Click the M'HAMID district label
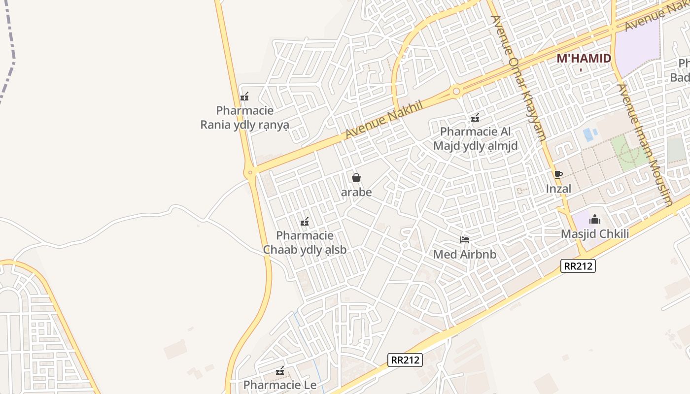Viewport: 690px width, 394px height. (x=584, y=59)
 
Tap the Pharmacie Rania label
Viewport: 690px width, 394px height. (x=244, y=118)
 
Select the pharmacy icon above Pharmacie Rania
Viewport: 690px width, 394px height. (x=244, y=97)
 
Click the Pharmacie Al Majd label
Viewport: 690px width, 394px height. (x=475, y=139)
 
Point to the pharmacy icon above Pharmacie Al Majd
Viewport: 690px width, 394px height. (x=475, y=118)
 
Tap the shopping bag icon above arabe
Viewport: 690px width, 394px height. (x=356, y=178)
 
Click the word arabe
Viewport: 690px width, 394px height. (x=356, y=192)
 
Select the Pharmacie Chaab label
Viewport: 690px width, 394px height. (x=305, y=243)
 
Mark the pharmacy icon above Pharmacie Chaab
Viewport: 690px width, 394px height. (x=305, y=222)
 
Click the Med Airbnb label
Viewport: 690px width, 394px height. (x=465, y=254)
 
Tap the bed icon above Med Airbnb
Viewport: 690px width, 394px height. (x=465, y=240)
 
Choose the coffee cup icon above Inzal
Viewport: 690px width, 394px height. (x=558, y=174)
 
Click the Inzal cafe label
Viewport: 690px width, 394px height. (x=558, y=189)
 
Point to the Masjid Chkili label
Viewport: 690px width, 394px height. (x=595, y=233)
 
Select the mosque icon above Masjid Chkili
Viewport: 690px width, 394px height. (x=595, y=219)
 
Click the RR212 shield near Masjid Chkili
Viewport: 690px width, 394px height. (x=579, y=266)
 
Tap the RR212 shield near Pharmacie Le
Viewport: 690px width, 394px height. (x=405, y=360)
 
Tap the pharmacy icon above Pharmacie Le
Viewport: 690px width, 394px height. (x=280, y=371)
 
